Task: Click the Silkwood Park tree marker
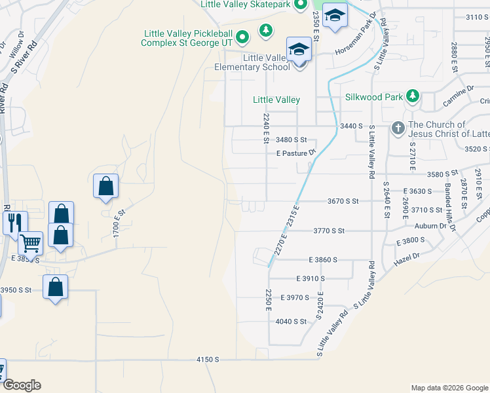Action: (x=413, y=96)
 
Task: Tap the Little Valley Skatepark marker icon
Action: (x=301, y=5)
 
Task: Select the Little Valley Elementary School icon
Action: (x=298, y=49)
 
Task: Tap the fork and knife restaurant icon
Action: (x=14, y=222)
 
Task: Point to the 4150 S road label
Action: (x=207, y=360)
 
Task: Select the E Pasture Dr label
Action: (x=296, y=153)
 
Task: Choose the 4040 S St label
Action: (x=291, y=321)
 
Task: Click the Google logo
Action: (x=22, y=385)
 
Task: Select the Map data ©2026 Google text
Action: (x=449, y=388)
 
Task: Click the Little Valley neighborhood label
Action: (x=276, y=100)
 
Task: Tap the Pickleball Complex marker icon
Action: (x=242, y=37)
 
